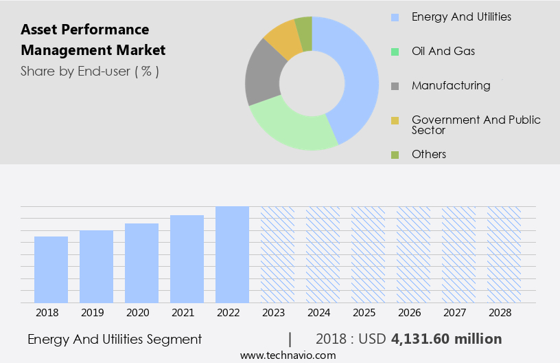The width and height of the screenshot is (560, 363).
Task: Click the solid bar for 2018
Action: [x=51, y=269]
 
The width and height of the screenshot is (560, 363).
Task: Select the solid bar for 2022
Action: [x=232, y=254]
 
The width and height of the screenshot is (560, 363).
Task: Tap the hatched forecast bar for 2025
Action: [x=368, y=254]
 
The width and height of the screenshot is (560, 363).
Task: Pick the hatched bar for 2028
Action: [x=504, y=254]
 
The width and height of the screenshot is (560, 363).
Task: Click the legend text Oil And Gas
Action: [x=443, y=51]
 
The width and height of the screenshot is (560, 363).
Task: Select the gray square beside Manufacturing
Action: [x=395, y=87]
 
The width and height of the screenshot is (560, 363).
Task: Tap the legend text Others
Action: [x=428, y=154]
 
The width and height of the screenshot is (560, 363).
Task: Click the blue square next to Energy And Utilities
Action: [x=395, y=17]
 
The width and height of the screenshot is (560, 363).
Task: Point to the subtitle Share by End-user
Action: [x=90, y=71]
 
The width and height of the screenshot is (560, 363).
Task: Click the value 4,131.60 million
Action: [x=446, y=339]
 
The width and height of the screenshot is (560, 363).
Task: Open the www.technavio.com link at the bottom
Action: [x=288, y=355]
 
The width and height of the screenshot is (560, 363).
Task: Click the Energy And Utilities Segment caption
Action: [x=115, y=339]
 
